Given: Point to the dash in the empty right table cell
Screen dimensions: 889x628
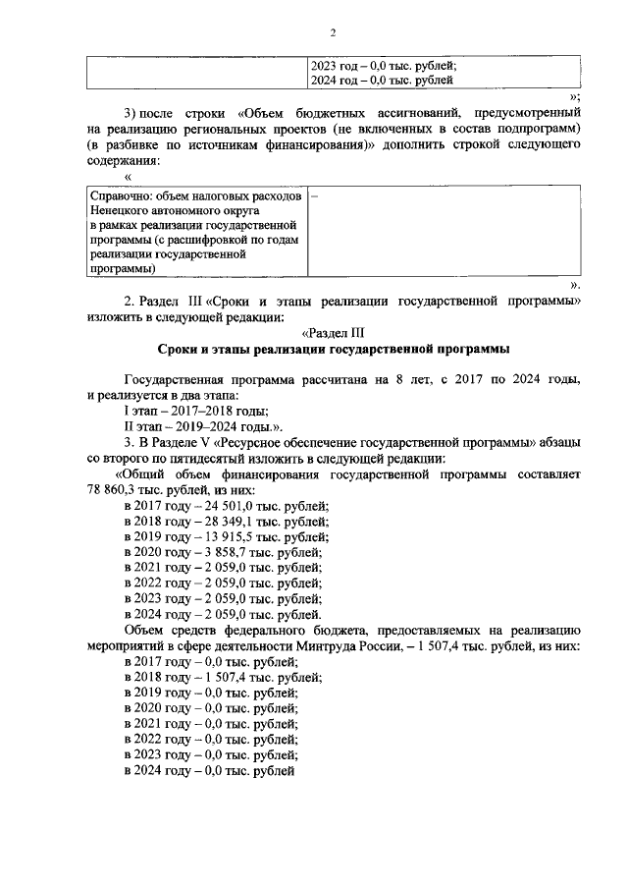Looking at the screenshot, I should pos(314,196).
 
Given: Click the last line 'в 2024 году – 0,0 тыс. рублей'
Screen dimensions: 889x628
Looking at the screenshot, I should pos(209,772).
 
